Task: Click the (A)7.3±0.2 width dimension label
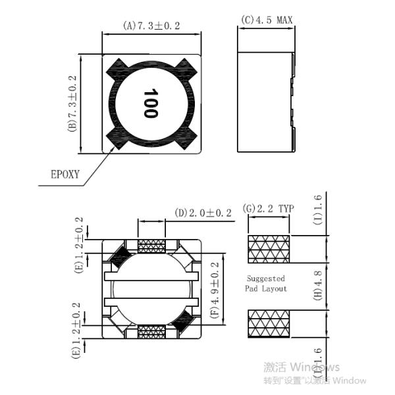click(x=151, y=26)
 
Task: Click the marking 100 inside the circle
click(x=150, y=103)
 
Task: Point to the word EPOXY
click(x=65, y=174)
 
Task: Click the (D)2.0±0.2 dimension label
click(x=203, y=213)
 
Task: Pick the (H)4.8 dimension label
click(x=318, y=288)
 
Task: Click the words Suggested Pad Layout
click(x=267, y=284)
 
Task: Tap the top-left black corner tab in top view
click(x=117, y=68)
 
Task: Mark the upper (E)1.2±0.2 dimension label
click(x=80, y=246)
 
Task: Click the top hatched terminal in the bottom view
click(x=151, y=246)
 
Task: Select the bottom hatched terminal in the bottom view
click(x=151, y=332)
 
